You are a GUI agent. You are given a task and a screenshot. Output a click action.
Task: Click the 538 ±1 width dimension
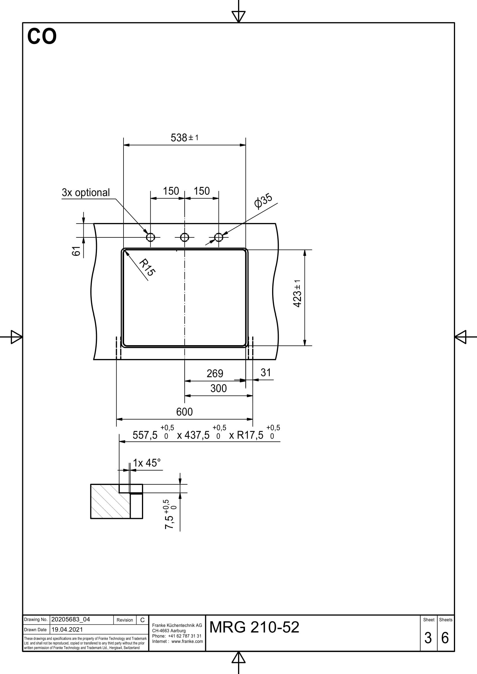click(x=184, y=137)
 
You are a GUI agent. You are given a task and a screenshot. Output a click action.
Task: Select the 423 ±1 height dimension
click(x=298, y=293)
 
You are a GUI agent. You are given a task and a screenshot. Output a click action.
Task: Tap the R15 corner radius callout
click(x=147, y=267)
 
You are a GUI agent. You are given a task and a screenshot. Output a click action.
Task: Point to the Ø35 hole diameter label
click(x=263, y=201)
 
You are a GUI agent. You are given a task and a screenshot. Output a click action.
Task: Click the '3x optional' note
click(x=85, y=192)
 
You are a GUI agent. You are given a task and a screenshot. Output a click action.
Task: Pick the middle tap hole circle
click(x=185, y=237)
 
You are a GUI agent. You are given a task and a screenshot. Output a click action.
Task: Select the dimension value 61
click(x=76, y=251)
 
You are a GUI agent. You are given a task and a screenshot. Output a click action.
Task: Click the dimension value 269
click(x=215, y=373)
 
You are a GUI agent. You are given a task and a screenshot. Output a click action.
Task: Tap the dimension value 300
click(x=218, y=388)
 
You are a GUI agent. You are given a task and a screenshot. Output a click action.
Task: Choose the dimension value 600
click(x=184, y=412)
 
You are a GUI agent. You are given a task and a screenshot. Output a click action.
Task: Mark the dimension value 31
click(x=266, y=373)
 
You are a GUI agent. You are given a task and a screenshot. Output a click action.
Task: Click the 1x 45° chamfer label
click(x=147, y=463)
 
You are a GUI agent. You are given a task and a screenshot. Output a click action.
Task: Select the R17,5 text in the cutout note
click(x=250, y=435)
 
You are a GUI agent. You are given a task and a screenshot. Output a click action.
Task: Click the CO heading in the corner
click(x=42, y=36)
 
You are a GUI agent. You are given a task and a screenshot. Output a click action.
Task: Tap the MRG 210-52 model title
click(x=254, y=627)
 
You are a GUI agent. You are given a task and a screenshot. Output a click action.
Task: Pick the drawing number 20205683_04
click(x=70, y=620)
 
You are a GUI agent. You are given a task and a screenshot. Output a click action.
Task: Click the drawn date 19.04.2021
click(x=67, y=629)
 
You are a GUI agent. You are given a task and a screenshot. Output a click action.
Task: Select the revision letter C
click(x=143, y=620)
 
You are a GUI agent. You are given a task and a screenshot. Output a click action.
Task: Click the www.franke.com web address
click(x=187, y=641)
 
